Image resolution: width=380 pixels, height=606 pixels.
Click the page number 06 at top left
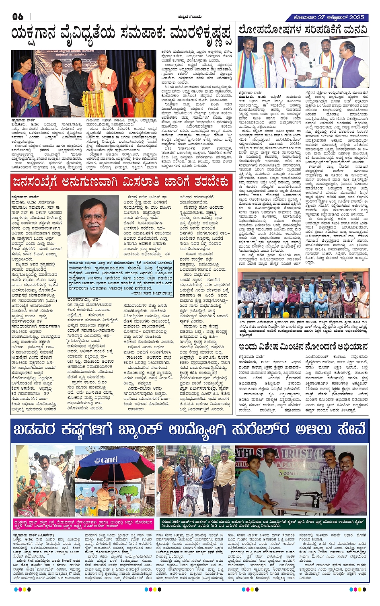(x=18, y=17)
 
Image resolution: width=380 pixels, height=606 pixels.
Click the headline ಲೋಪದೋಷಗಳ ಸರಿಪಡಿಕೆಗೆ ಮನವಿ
(x=302, y=29)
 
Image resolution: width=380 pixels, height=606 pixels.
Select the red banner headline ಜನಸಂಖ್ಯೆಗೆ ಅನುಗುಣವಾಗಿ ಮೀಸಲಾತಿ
(x=121, y=182)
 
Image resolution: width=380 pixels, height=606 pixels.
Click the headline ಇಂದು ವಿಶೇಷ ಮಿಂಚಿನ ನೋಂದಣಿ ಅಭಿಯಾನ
(x=302, y=347)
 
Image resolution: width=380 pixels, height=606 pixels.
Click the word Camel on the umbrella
(x=109, y=460)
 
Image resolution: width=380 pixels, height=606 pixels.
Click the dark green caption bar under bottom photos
(x=262, y=523)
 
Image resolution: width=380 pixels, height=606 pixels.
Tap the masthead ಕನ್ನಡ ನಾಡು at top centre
(x=190, y=17)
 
